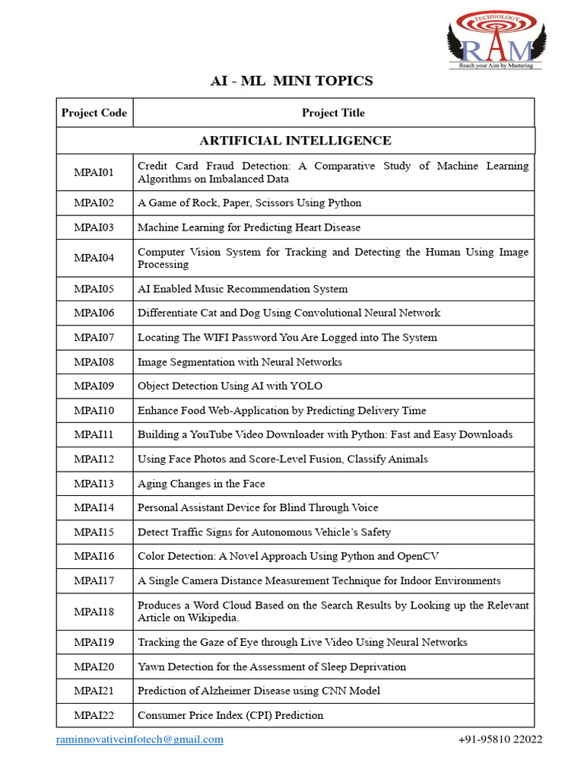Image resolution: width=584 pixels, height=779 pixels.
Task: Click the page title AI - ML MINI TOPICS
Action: click(291, 81)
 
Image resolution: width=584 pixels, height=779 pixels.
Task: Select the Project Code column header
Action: click(94, 113)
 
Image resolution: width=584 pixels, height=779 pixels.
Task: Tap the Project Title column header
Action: click(333, 113)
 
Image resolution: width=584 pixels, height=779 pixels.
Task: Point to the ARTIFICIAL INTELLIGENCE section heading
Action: click(295, 141)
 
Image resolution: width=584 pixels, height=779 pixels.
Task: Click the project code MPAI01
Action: click(94, 173)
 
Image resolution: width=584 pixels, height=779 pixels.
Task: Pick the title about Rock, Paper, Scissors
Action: click(249, 203)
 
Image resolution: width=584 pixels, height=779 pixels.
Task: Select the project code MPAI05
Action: click(94, 289)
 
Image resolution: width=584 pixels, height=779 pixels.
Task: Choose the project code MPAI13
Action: click(94, 484)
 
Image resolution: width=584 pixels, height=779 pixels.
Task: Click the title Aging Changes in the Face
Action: click(201, 484)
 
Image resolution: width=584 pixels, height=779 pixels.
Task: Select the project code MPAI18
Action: click(94, 612)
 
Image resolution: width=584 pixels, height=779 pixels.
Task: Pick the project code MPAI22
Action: click(94, 715)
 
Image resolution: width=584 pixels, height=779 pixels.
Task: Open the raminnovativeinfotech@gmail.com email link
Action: click(140, 740)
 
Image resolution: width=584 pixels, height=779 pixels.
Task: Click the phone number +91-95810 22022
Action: click(500, 740)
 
